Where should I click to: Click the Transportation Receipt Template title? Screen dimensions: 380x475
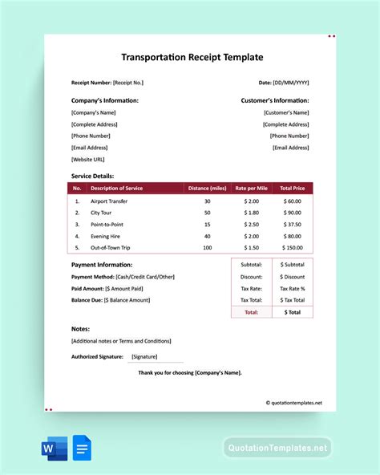pos(192,57)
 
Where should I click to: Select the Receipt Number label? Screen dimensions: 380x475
pos(91,83)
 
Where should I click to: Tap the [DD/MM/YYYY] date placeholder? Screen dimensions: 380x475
pos(292,83)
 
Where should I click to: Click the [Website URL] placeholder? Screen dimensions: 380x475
pos(87,159)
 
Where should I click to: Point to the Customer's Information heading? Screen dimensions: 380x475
pos(275,100)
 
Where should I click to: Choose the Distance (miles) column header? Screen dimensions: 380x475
pos(207,189)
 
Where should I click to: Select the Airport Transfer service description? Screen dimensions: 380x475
pos(109,201)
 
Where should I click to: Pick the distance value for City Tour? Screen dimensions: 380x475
pos(207,213)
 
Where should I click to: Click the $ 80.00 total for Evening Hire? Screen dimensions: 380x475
pos(291,236)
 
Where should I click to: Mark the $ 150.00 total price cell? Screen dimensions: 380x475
pos(291,248)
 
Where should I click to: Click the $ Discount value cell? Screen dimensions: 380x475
pos(292,276)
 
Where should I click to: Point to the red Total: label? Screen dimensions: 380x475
pos(251,311)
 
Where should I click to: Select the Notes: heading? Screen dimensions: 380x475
pos(80,329)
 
